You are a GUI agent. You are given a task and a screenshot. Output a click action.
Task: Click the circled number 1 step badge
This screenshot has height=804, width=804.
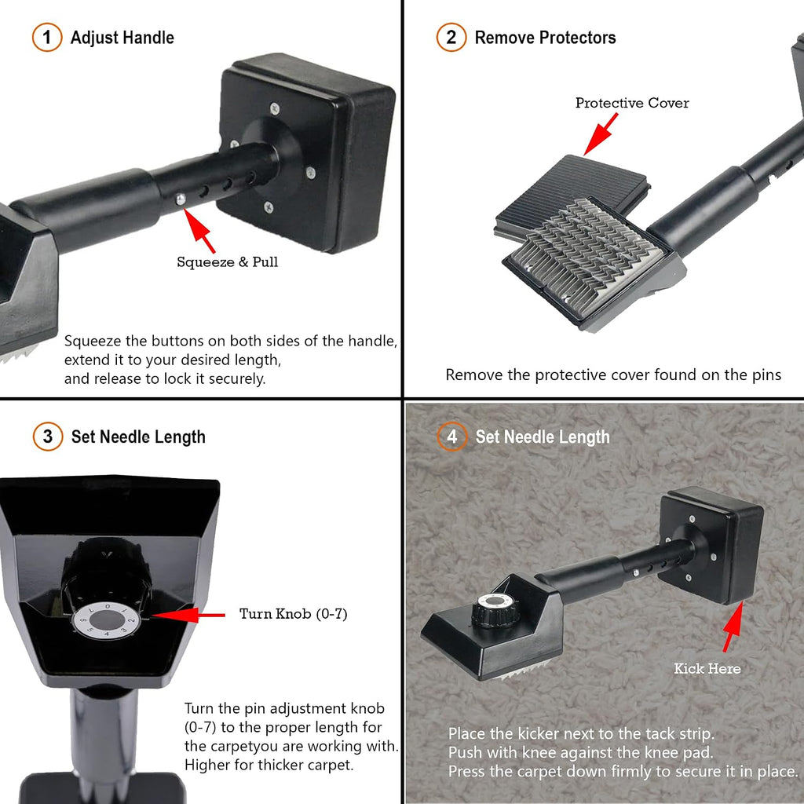click(46, 38)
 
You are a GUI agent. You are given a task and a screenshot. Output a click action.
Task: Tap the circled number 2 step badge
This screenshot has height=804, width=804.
click(451, 38)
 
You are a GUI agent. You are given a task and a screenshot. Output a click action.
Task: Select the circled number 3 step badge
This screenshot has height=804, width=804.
click(48, 437)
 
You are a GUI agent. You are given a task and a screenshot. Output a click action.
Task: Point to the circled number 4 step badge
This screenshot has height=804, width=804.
click(451, 437)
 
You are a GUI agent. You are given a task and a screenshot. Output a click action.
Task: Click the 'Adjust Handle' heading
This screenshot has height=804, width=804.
click(122, 38)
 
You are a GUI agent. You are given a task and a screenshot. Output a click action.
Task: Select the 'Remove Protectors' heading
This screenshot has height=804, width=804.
click(545, 38)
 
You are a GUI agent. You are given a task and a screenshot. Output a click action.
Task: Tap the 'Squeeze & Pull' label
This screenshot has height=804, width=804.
click(227, 262)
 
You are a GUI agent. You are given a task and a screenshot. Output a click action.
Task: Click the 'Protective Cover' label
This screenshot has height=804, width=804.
click(632, 103)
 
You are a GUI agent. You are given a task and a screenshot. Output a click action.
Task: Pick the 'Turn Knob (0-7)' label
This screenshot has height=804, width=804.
click(294, 614)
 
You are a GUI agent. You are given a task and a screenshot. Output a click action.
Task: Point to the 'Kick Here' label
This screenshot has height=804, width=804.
click(707, 669)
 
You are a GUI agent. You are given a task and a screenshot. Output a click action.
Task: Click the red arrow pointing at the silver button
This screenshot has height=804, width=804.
click(199, 232)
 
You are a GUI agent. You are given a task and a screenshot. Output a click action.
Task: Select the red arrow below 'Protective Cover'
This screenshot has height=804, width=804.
click(601, 133)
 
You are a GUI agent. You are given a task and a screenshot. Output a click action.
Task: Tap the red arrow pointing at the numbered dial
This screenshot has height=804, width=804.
click(188, 615)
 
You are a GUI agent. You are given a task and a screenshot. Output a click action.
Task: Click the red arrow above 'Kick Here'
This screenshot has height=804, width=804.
click(733, 627)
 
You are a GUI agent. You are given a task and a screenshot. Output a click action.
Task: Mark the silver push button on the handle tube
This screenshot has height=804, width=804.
click(181, 199)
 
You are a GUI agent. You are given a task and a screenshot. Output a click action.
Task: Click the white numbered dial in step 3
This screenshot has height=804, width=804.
click(107, 620)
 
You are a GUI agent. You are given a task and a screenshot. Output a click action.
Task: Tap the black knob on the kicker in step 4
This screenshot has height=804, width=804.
click(494, 609)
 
